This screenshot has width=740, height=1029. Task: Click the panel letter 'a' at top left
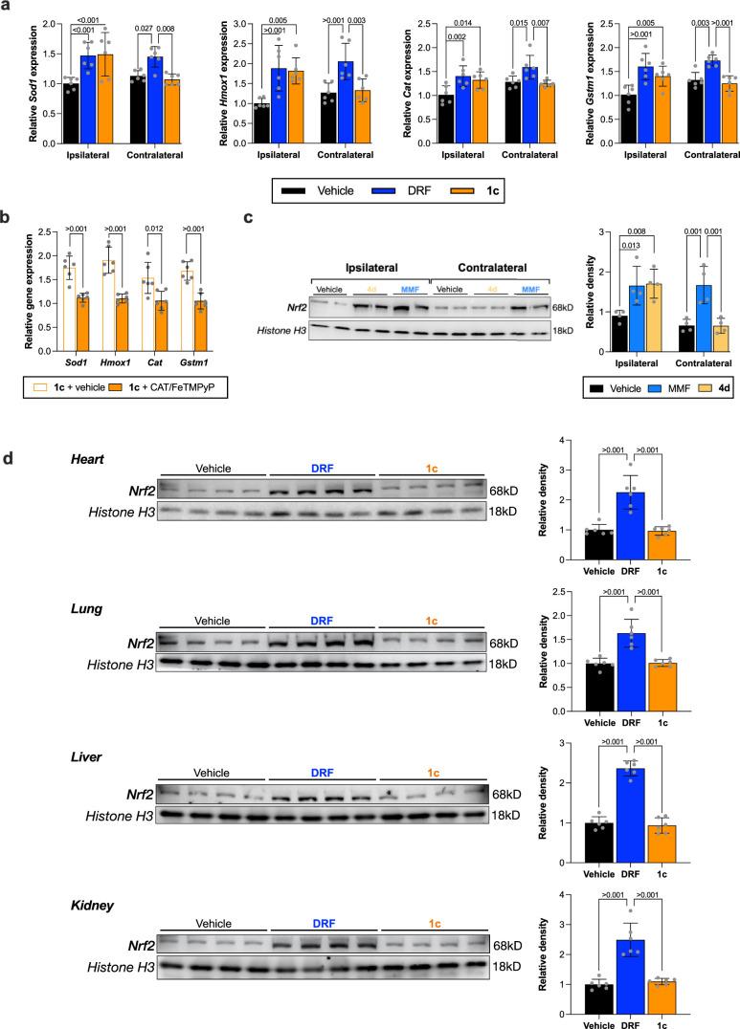pos(7,7)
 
